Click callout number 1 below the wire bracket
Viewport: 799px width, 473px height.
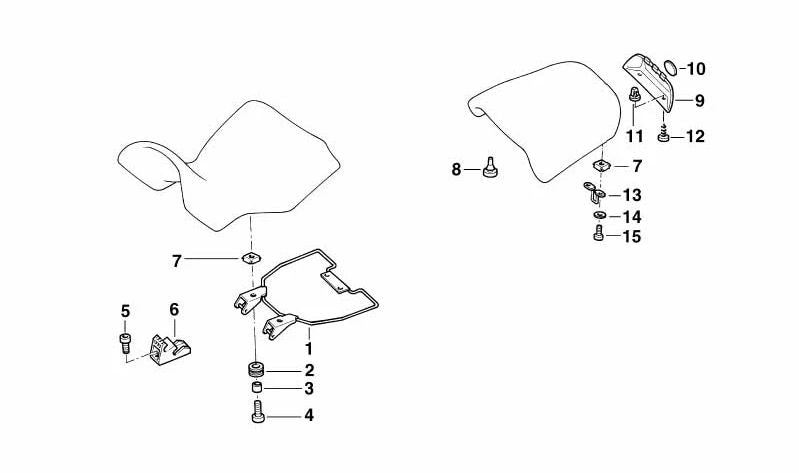coord(309,349)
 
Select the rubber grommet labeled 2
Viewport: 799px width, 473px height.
coord(255,369)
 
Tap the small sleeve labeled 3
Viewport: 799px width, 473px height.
coord(256,389)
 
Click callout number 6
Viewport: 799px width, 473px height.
coord(173,310)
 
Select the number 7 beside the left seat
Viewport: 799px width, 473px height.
coord(177,262)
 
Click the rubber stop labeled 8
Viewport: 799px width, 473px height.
coord(490,168)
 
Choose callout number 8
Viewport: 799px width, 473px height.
coord(457,170)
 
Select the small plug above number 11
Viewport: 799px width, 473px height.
coord(634,95)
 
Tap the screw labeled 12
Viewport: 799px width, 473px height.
coord(663,134)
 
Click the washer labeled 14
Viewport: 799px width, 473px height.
coord(598,217)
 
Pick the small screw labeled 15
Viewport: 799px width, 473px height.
coord(598,235)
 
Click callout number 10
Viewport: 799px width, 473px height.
coord(695,69)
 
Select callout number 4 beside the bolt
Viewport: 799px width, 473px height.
coord(309,414)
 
